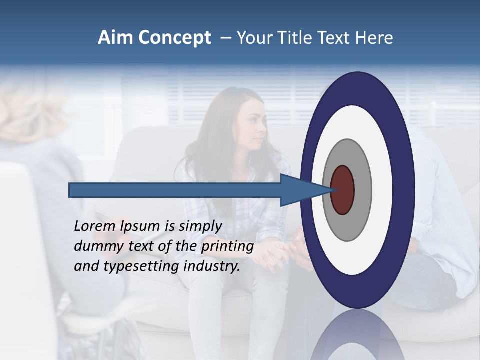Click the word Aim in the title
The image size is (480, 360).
[115, 38]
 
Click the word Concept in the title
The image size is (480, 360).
[174, 38]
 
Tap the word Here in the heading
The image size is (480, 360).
[375, 38]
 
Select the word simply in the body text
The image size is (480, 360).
[200, 227]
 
